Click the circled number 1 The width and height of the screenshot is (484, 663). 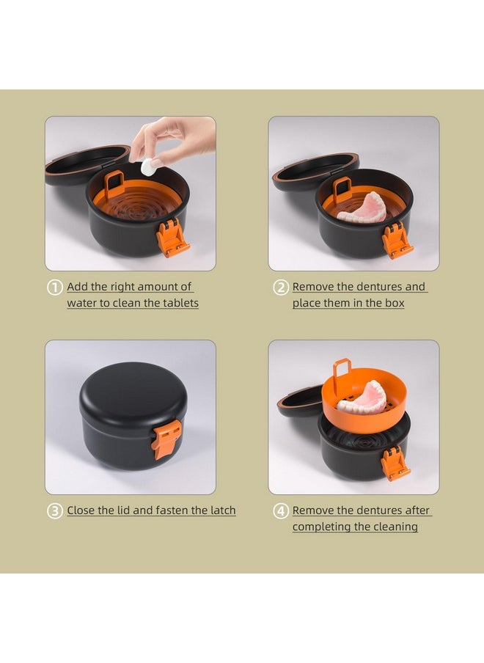(54, 287)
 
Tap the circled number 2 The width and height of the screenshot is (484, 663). (280, 287)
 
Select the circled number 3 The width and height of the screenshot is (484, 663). (54, 511)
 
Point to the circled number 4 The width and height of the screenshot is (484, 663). (280, 511)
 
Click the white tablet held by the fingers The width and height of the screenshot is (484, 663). (149, 166)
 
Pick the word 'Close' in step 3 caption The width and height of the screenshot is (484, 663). (83, 510)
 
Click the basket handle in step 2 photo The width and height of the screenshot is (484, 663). (342, 189)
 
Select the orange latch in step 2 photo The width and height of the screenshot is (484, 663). (397, 240)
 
